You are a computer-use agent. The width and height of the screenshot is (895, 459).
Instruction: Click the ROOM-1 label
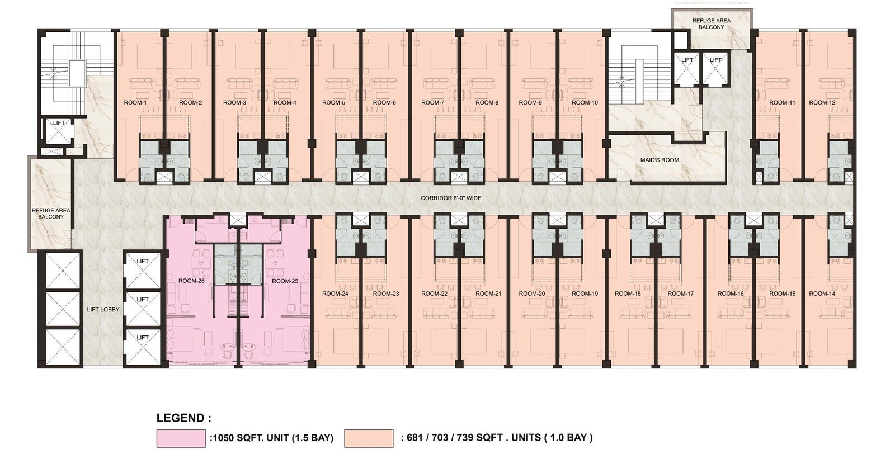(135, 103)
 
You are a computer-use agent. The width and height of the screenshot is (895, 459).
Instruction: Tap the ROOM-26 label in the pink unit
(191, 281)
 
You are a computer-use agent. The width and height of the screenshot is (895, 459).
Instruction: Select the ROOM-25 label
(285, 281)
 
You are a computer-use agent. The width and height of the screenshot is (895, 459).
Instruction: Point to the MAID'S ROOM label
(660, 160)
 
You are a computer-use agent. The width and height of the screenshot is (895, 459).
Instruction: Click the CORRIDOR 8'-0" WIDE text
(451, 198)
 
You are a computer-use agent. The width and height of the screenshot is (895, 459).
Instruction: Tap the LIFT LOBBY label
(103, 309)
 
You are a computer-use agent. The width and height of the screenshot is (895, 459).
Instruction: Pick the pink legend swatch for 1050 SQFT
(181, 438)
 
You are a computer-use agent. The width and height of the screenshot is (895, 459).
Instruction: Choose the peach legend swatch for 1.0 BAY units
(369, 438)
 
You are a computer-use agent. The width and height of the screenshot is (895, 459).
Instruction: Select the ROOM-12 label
(822, 103)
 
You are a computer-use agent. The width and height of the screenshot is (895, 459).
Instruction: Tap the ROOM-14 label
(822, 294)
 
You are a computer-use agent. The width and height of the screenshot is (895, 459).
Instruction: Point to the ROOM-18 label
(628, 294)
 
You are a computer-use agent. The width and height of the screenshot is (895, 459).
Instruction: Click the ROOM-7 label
(433, 103)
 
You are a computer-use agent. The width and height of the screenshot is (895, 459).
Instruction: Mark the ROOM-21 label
(488, 294)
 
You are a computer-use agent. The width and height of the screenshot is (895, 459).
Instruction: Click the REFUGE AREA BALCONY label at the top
(712, 23)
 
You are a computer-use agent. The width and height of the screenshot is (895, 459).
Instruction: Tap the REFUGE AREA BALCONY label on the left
(51, 214)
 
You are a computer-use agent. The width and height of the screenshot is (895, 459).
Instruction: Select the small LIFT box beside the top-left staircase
(58, 130)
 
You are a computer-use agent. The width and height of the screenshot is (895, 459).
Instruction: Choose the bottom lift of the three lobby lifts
(143, 346)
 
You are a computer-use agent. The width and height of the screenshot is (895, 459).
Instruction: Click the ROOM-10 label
(585, 103)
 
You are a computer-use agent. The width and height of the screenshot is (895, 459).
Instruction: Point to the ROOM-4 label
(285, 103)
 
